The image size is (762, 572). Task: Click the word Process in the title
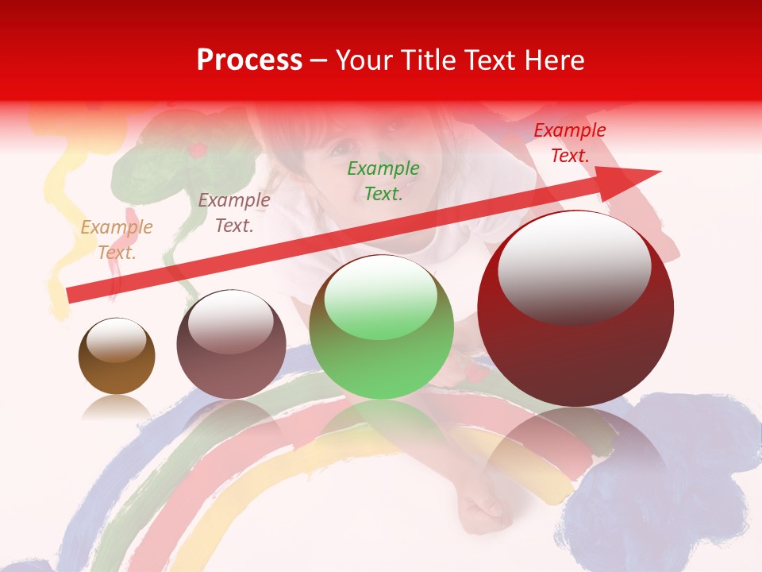click(249, 60)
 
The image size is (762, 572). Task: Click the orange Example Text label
click(117, 240)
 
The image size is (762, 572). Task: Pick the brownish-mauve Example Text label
click(233, 213)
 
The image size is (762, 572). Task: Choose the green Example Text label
click(383, 180)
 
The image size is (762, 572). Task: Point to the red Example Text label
click(569, 143)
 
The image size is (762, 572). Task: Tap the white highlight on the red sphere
click(574, 266)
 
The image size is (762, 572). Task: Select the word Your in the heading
click(363, 60)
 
